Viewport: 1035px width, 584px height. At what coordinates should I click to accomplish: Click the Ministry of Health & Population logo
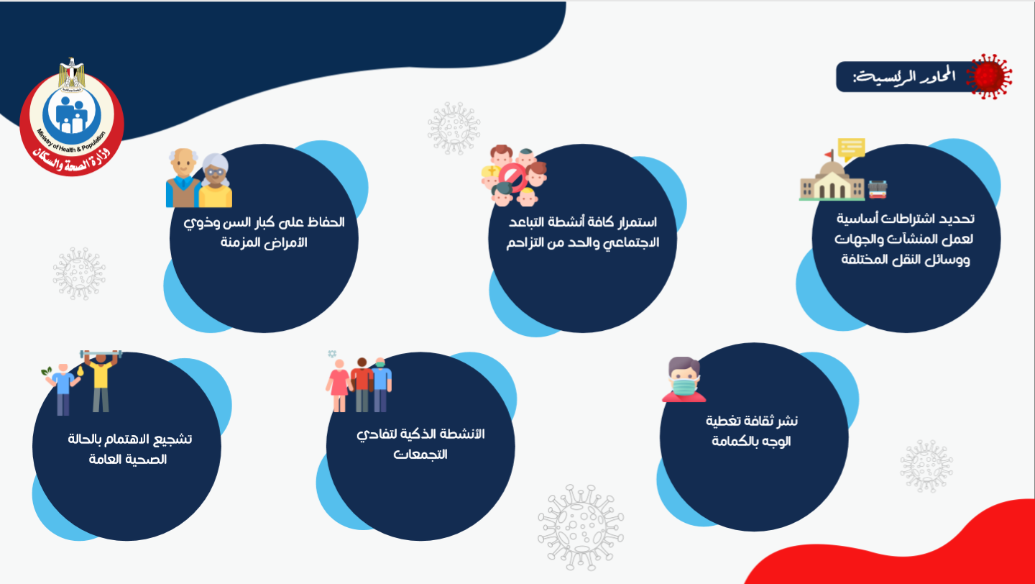pyautogui.click(x=72, y=118)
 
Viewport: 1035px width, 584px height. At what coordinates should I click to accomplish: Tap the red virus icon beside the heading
pyautogui.click(x=989, y=77)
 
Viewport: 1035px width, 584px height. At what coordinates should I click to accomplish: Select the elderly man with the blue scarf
pyautogui.click(x=183, y=178)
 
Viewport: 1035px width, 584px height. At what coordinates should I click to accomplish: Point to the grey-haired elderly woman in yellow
pyautogui.click(x=216, y=181)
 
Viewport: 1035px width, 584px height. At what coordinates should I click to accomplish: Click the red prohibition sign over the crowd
pyautogui.click(x=512, y=177)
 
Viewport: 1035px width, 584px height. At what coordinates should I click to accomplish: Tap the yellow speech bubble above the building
pyautogui.click(x=851, y=149)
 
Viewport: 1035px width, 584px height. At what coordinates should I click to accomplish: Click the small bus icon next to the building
pyautogui.click(x=878, y=189)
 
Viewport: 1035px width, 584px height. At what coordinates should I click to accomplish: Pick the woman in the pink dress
pyautogui.click(x=339, y=385)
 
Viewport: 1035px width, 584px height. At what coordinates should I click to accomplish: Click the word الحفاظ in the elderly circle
pyautogui.click(x=326, y=222)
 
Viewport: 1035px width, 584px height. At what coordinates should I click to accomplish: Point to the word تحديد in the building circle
pyautogui.click(x=959, y=218)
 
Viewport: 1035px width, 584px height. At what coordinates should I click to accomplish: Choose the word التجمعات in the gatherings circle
pyautogui.click(x=420, y=455)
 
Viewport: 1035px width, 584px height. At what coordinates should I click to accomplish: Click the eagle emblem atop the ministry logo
pyautogui.click(x=72, y=74)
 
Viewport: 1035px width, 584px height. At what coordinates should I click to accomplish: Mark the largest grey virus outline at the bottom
pyautogui.click(x=581, y=527)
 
